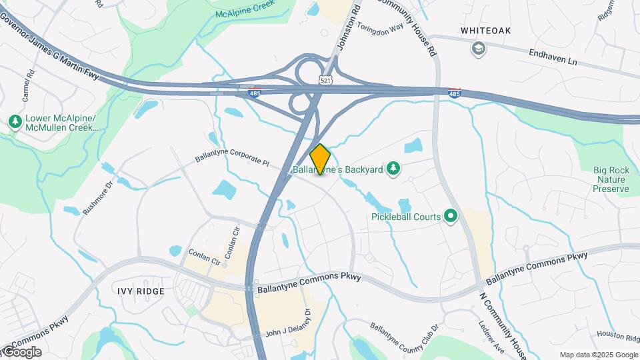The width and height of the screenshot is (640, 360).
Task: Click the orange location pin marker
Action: [x=321, y=159]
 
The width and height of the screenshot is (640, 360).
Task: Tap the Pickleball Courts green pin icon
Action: [x=451, y=216]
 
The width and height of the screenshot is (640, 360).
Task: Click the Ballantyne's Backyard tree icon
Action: [x=393, y=169]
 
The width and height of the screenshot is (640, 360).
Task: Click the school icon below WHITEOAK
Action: [x=478, y=48]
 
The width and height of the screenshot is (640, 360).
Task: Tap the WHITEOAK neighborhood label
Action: [x=484, y=31]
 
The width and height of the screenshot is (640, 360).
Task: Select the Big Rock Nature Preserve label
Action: [x=611, y=179]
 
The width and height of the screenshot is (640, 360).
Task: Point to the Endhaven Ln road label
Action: [x=553, y=56]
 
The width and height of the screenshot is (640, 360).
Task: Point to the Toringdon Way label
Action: [x=380, y=29]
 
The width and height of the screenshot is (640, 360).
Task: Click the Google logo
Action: [x=22, y=352]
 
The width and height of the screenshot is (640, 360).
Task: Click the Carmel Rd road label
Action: [x=28, y=86]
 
